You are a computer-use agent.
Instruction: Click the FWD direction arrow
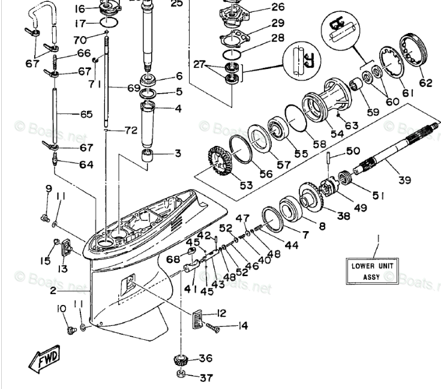44,359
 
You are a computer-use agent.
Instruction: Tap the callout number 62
425,83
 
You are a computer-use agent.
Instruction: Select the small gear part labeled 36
181,361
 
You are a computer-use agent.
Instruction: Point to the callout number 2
53,291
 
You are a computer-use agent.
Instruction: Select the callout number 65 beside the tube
86,113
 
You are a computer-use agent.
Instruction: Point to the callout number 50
353,151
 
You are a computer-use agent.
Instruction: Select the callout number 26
261,7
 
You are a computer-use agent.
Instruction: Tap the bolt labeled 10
69,327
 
